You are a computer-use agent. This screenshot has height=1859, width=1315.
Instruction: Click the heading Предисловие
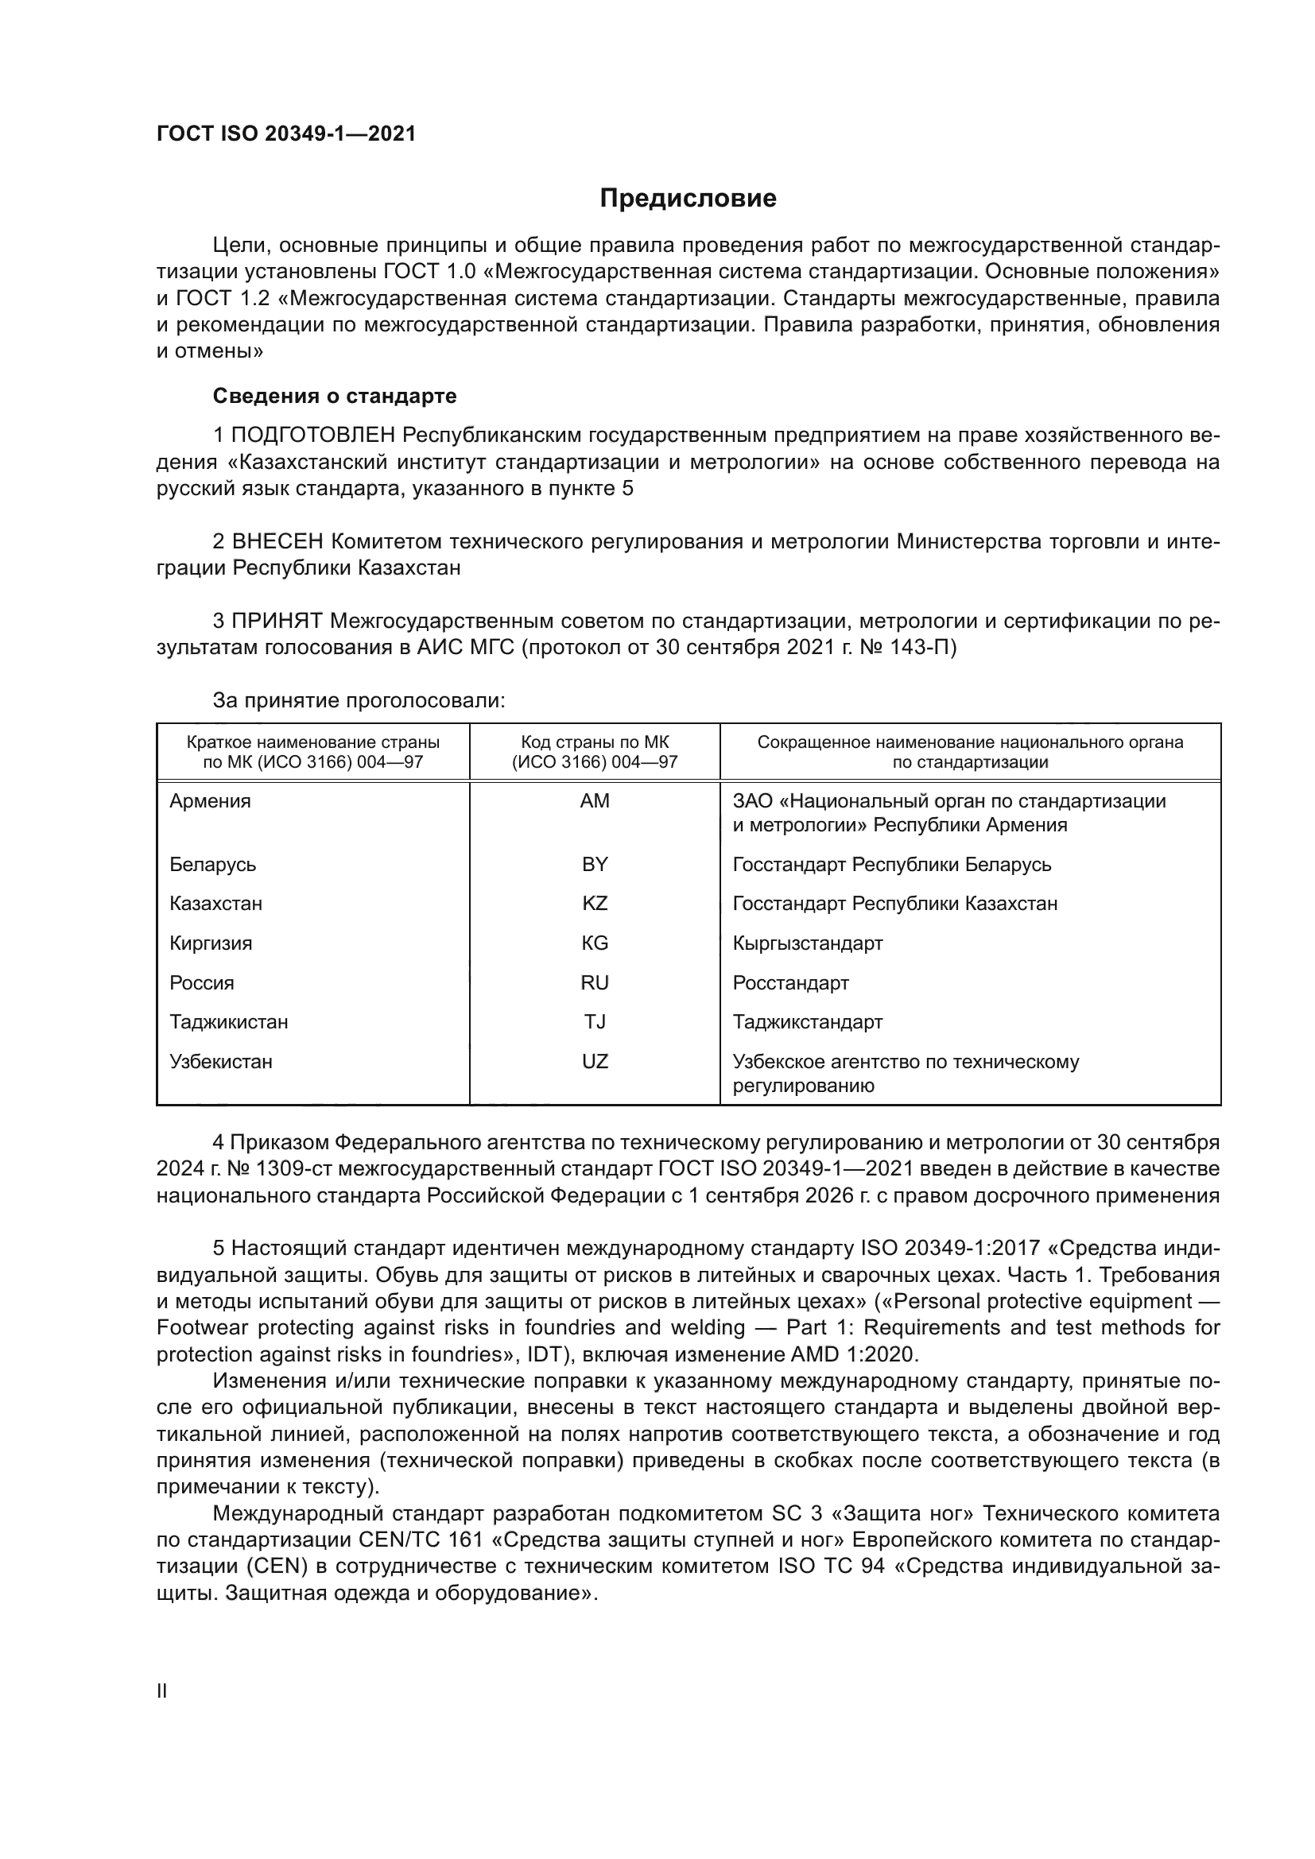point(688,199)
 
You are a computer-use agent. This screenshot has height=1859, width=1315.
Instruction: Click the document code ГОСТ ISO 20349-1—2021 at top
point(286,134)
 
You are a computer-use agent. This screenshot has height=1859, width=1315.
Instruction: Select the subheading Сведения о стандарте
point(335,396)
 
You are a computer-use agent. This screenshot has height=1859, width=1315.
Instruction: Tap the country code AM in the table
point(595,801)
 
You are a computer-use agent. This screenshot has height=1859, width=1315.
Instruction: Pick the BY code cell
point(595,864)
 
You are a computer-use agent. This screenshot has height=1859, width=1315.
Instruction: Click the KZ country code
point(595,904)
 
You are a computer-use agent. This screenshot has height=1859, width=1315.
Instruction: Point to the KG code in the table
point(595,943)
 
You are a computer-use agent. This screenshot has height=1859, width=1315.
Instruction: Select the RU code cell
point(595,983)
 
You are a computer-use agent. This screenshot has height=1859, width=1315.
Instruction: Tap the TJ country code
point(595,1022)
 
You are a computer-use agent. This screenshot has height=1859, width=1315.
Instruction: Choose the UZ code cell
point(595,1062)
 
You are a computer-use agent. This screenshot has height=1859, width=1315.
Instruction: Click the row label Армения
point(211,801)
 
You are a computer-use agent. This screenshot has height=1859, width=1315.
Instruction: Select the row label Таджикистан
point(228,1022)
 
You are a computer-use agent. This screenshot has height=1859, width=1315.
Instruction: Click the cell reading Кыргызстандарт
point(807,943)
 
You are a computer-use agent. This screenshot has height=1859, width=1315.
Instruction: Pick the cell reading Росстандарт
point(790,983)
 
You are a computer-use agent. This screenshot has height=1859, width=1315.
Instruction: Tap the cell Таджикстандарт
point(807,1022)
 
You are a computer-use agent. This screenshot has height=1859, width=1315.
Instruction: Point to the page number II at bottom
point(162,1691)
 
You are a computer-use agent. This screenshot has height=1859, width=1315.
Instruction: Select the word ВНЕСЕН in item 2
point(277,541)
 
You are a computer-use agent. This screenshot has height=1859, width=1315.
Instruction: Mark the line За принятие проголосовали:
point(359,700)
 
